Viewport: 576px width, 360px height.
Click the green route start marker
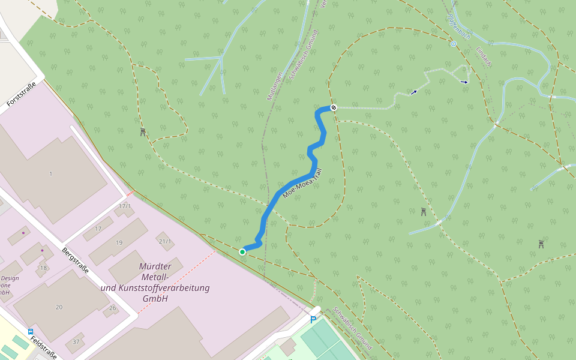[242, 252]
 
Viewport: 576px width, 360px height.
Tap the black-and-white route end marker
[334, 107]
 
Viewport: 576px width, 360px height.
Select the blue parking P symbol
[313, 320]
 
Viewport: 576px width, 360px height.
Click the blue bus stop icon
[31, 331]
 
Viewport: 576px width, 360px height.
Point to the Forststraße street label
[22, 94]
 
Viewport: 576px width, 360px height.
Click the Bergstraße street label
[76, 259]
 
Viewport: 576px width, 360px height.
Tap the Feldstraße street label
[44, 346]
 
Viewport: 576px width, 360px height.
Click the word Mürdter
[155, 266]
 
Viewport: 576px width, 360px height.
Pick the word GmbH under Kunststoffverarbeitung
[155, 298]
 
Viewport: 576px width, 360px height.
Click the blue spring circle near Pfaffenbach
[454, 44]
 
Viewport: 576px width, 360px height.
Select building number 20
[59, 307]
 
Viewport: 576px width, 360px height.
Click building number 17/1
[125, 206]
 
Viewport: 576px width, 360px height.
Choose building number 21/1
[165, 241]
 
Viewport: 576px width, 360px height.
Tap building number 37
[76, 341]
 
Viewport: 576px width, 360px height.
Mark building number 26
[113, 308]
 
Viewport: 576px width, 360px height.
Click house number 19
[119, 242]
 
